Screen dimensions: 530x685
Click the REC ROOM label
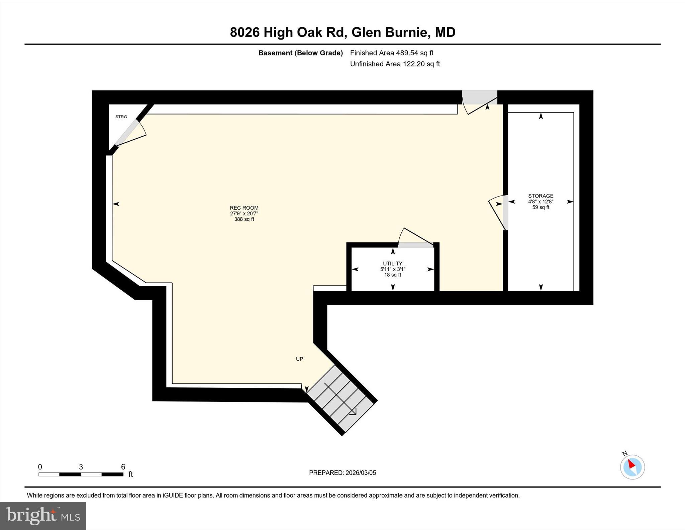[x=244, y=208]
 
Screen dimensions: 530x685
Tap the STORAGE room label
[x=541, y=196]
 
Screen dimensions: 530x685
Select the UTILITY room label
[x=392, y=263]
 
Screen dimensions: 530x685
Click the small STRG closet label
[x=121, y=117]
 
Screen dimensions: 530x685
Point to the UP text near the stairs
[x=299, y=359]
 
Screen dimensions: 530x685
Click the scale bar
[x=81, y=474]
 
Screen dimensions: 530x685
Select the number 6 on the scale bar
[x=123, y=467]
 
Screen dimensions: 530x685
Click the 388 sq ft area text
[x=244, y=219]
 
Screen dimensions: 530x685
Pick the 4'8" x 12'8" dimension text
[x=541, y=202]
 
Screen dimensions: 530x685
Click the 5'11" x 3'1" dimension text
[x=392, y=269]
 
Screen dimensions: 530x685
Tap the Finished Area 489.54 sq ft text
[x=391, y=53]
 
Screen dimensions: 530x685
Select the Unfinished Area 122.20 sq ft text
[x=395, y=64]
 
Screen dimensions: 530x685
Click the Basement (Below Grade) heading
[x=300, y=53]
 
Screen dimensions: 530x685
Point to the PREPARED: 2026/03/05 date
[x=342, y=473]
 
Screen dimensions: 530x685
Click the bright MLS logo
[x=43, y=515]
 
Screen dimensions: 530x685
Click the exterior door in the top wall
[x=479, y=98]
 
